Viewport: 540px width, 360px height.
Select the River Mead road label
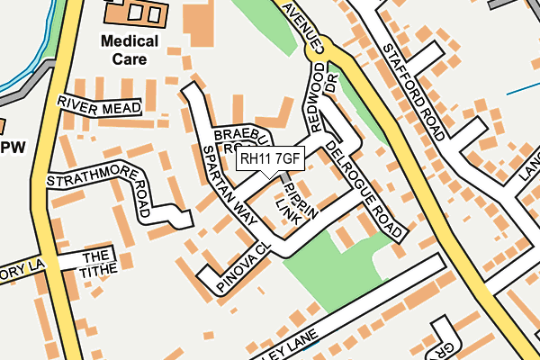pos(99,105)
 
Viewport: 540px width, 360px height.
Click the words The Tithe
pos(98,263)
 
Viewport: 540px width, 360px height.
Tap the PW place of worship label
pos(12,147)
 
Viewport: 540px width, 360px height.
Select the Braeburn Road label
pos(238,139)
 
